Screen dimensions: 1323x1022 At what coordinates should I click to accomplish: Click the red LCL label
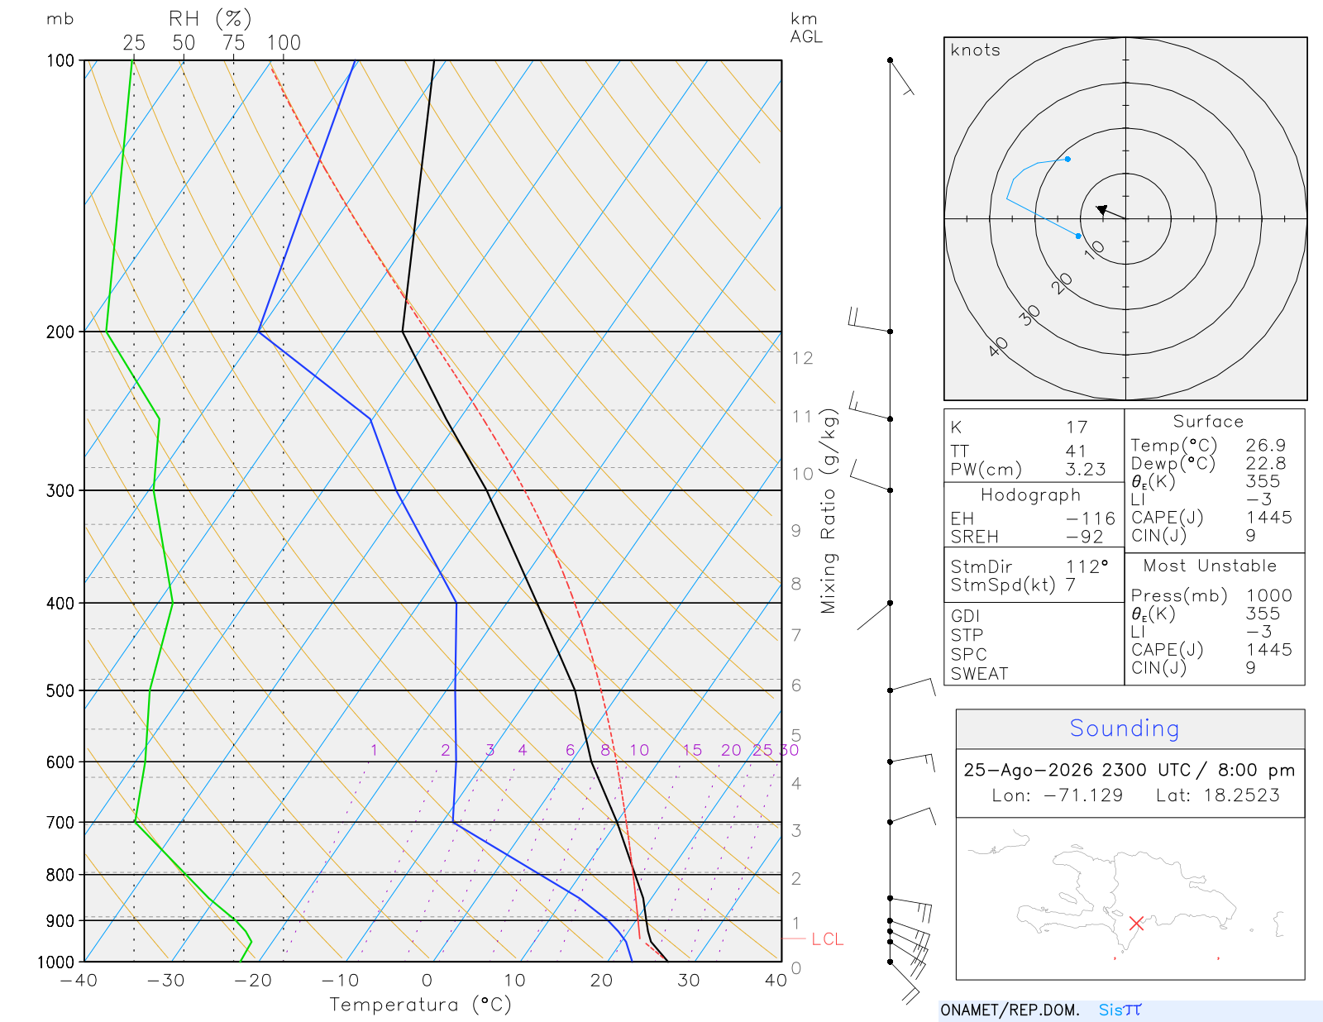point(827,938)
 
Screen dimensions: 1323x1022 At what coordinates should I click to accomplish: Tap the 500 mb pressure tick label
point(60,691)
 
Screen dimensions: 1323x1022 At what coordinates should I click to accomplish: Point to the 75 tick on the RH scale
point(233,43)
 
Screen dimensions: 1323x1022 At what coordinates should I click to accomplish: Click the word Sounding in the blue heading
point(1124,728)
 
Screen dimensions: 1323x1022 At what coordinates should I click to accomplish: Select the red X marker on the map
point(1135,923)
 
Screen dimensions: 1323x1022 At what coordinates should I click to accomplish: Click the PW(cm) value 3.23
point(1085,470)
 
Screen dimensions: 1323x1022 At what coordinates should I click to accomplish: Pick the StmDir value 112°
point(1087,566)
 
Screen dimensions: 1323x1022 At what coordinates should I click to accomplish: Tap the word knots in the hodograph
point(975,50)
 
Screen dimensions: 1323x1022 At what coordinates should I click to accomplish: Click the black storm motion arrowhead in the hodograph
point(1101,209)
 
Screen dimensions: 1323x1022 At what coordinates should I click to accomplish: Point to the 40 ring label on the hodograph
point(998,347)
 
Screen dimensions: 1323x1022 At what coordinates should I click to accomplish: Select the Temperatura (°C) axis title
point(420,1005)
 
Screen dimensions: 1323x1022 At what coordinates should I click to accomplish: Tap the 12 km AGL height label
point(802,358)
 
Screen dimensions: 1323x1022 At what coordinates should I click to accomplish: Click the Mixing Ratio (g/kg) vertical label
point(829,511)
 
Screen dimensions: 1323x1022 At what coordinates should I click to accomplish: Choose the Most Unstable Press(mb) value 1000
point(1268,595)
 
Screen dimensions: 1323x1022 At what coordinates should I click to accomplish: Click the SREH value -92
point(1084,537)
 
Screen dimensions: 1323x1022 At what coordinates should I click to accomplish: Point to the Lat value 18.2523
point(1241,795)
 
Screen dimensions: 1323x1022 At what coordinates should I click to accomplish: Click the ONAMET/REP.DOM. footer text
point(1010,1010)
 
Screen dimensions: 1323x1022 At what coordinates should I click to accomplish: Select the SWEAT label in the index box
point(979,674)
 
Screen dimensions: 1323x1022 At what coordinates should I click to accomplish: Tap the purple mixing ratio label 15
point(691,750)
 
